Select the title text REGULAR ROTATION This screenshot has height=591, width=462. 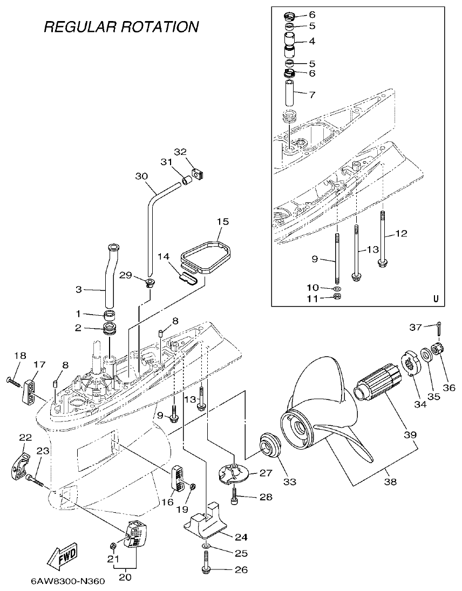click(x=121, y=26)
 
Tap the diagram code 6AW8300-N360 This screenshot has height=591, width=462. click(x=67, y=582)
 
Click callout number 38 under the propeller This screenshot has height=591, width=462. click(x=389, y=481)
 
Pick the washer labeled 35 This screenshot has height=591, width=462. click(x=426, y=354)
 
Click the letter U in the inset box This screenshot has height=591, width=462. click(x=436, y=298)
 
